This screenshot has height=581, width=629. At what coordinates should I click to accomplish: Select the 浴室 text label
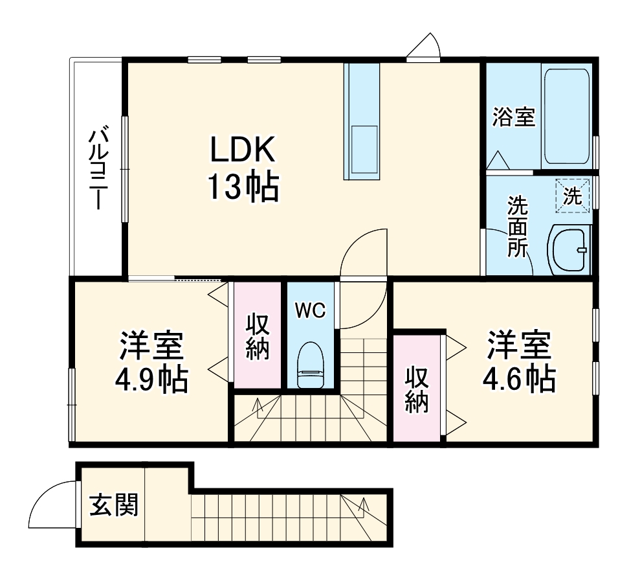click(x=513, y=117)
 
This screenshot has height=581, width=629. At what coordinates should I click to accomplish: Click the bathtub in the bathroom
click(x=567, y=117)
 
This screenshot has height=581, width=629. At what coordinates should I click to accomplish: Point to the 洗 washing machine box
click(x=573, y=195)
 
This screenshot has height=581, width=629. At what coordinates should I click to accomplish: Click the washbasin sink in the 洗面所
click(x=570, y=250)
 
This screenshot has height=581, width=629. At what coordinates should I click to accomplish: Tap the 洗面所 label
click(x=517, y=227)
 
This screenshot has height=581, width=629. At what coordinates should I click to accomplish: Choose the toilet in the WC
click(x=310, y=366)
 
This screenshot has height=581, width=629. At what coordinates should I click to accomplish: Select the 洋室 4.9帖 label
click(x=152, y=363)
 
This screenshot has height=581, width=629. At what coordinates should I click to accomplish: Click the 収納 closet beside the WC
click(x=258, y=337)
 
